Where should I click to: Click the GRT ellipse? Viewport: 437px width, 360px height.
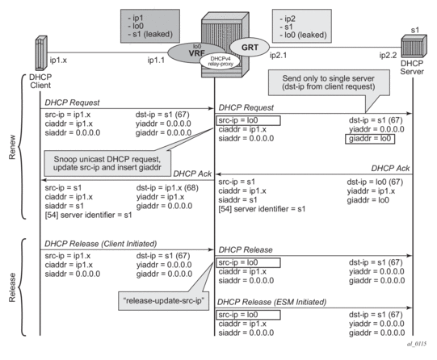(x=250, y=48)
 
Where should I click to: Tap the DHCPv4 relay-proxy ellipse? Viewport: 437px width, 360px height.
(x=221, y=61)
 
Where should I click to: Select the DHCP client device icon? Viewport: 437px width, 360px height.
(x=41, y=53)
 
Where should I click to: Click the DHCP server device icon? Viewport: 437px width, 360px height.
(x=414, y=46)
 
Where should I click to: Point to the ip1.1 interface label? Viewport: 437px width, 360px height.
(x=156, y=60)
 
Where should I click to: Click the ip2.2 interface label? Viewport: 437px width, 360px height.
(x=388, y=55)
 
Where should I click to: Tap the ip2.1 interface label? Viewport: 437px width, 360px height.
(x=278, y=55)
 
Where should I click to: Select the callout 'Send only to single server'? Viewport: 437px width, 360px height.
(x=329, y=82)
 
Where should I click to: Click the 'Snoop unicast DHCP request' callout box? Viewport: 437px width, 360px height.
(x=107, y=163)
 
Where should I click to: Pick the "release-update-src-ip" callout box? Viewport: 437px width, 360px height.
(x=164, y=301)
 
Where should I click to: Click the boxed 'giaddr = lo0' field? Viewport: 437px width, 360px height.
(x=370, y=139)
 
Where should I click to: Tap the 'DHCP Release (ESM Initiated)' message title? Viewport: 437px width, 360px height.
(x=271, y=302)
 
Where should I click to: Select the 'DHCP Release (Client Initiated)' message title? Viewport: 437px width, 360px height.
(x=101, y=244)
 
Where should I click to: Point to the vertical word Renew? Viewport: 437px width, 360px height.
(x=12, y=147)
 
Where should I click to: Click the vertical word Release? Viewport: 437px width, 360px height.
(x=12, y=287)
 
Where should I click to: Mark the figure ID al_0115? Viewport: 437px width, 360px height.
(x=417, y=344)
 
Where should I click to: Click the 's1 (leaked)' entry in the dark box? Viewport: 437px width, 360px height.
(x=150, y=34)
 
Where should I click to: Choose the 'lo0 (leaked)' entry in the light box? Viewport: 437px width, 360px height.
(x=303, y=35)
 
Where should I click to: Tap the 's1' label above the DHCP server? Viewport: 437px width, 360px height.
(x=415, y=30)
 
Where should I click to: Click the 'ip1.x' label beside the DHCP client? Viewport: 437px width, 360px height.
(x=58, y=60)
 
